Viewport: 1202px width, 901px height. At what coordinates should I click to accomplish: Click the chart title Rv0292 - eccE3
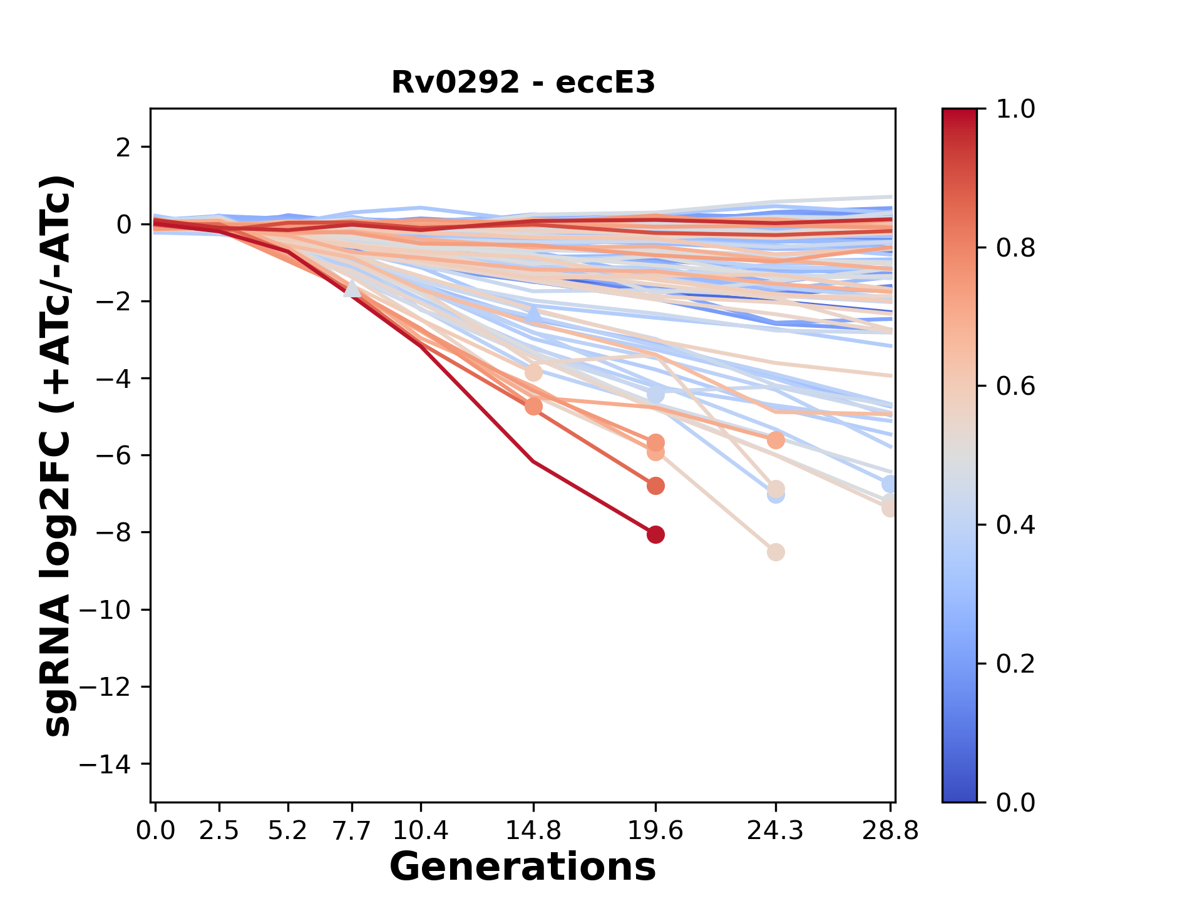[x=523, y=82]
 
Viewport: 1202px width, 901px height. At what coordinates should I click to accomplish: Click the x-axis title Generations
[x=523, y=867]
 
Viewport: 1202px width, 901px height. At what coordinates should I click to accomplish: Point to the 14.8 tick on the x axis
[x=533, y=831]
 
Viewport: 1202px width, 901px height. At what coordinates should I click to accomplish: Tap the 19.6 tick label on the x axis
[x=655, y=831]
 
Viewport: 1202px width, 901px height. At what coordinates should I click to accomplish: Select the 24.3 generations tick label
[x=776, y=831]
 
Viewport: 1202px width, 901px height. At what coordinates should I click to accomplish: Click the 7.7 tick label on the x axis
[x=352, y=831]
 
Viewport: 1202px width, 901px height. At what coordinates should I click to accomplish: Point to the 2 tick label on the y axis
[x=124, y=148]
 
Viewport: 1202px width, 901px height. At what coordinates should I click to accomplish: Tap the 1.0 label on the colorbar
[x=1015, y=109]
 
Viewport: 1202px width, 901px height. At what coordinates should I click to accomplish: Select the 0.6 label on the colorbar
[x=1015, y=387]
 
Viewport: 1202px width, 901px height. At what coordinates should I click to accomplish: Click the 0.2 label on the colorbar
[x=1015, y=664]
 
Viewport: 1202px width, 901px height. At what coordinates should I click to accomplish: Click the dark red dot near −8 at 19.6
[x=655, y=534]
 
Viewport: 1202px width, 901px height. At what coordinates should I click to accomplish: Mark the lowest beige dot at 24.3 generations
[x=776, y=552]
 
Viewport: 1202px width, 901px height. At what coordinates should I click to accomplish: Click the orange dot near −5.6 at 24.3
[x=776, y=440]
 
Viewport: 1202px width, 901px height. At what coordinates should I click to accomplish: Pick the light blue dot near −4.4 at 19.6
[x=655, y=395]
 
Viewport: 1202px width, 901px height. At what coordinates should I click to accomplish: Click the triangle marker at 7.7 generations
[x=352, y=288]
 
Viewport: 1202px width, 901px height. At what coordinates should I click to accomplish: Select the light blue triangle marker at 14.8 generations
[x=533, y=313]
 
